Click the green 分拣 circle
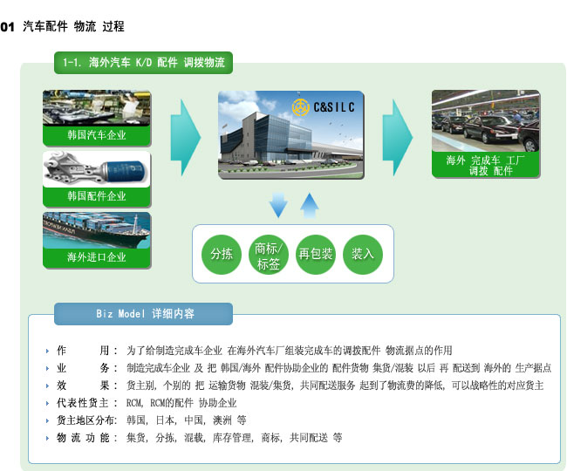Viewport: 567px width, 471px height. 222,254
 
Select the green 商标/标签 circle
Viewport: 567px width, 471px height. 269,254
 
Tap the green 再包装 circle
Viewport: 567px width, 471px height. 315,254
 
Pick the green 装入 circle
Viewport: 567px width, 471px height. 363,254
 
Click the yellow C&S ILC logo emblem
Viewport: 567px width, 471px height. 300,107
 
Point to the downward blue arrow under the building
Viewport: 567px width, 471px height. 278,205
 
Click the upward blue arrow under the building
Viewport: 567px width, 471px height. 309,206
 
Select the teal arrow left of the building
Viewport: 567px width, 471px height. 186,138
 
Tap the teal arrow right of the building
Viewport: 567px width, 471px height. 398,138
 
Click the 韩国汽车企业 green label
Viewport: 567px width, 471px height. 97,135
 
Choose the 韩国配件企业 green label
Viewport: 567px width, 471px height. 97,196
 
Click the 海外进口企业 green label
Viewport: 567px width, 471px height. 97,257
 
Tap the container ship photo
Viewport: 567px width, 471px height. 97,230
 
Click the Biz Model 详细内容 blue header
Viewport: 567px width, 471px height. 144,314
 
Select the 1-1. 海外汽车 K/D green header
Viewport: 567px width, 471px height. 144,63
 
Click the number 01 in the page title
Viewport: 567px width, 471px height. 7,27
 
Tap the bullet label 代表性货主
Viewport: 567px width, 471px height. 83,403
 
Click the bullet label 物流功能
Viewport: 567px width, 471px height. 83,438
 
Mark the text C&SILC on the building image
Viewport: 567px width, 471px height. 334,107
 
